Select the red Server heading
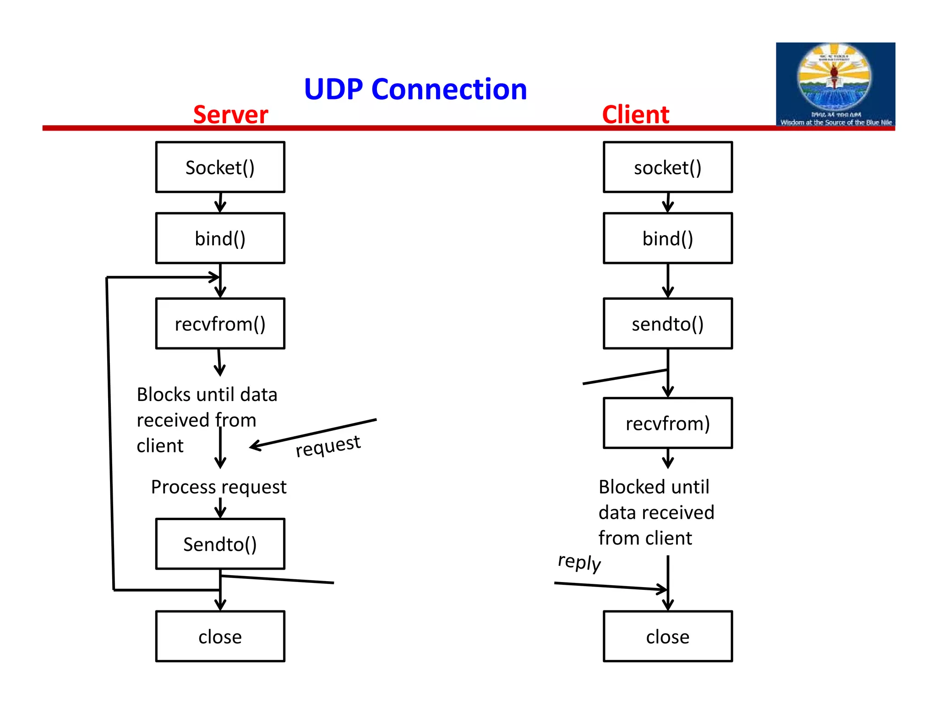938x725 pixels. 230,115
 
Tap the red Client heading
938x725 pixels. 635,115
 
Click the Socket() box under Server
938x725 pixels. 220,167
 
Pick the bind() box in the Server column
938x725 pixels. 220,238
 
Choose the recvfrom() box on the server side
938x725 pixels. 220,324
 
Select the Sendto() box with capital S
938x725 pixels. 220,544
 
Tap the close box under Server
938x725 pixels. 220,637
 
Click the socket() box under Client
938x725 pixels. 667,167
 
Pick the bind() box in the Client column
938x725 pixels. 667,238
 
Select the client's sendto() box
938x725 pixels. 667,324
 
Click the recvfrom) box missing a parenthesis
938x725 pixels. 667,423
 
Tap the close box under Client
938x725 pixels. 667,637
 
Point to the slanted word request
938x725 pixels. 328,446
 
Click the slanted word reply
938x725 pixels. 579,562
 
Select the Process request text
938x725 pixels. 218,487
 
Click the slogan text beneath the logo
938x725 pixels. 836,122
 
